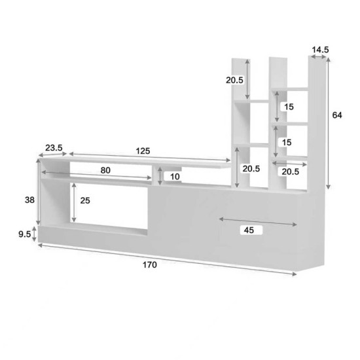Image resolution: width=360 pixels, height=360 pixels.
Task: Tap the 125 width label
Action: click(x=143, y=151)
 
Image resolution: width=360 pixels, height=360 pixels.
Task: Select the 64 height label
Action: click(x=337, y=116)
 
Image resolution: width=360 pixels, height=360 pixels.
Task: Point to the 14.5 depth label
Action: click(x=320, y=49)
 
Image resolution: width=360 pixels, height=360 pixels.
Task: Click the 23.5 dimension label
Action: click(x=54, y=149)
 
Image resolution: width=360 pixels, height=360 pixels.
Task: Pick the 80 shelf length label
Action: click(x=105, y=170)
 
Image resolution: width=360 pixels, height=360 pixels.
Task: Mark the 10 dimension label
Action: click(x=175, y=177)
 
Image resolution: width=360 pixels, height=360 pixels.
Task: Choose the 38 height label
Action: click(x=30, y=202)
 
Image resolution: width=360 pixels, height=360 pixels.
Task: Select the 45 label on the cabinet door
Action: click(x=248, y=230)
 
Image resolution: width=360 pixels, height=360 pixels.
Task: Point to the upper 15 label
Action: click(x=289, y=107)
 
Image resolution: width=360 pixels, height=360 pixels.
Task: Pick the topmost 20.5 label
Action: click(x=235, y=81)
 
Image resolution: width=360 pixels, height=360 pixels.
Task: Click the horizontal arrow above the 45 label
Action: click(x=257, y=220)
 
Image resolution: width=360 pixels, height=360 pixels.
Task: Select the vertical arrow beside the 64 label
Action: click(x=328, y=123)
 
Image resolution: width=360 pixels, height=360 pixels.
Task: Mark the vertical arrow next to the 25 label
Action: click(x=75, y=201)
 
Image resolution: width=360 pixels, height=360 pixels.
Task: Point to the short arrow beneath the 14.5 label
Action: click(x=319, y=58)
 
